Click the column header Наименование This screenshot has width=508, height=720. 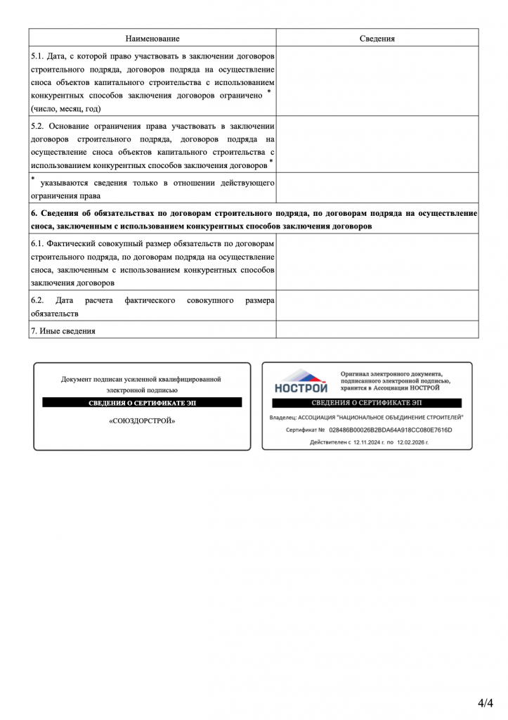coord(152,39)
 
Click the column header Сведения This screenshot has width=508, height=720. coord(377,39)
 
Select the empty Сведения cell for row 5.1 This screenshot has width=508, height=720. coord(377,82)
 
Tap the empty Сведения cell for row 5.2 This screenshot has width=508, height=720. coord(377,145)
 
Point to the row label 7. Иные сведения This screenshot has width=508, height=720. coord(63,330)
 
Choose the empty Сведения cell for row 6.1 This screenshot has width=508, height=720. coord(377,262)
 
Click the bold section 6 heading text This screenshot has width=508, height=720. coord(254,219)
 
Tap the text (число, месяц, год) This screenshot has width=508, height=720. coord(66,109)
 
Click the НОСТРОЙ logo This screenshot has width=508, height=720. coord(301,381)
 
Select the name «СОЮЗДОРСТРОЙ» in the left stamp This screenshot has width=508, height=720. coord(142,421)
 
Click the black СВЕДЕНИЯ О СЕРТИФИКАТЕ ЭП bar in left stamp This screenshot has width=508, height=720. coord(142,403)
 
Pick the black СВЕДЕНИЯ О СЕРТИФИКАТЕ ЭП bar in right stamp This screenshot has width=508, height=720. coord(367,403)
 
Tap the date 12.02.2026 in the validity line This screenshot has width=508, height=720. coord(410,443)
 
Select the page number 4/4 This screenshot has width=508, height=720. coord(486,702)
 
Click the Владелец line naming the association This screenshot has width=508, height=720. coord(367,417)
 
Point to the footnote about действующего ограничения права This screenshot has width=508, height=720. coord(152,188)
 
